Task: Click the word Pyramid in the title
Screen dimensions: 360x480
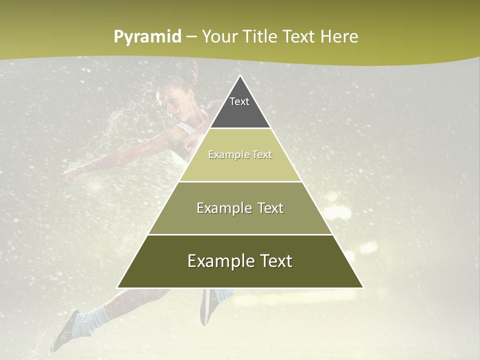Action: (x=147, y=37)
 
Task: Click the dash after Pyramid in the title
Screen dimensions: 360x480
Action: (x=191, y=37)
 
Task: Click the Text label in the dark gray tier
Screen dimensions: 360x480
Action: (x=239, y=101)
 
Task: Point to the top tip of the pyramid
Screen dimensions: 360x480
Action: (x=240, y=75)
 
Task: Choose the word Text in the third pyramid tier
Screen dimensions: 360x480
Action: (x=270, y=208)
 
